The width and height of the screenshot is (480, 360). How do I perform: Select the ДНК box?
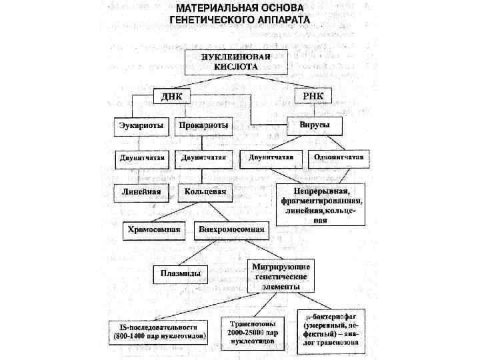coord(171,97)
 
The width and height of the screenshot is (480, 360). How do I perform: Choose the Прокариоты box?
coord(203,125)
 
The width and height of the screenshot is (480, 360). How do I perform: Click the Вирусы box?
coord(313,125)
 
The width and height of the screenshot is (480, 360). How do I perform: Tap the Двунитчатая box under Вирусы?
coord(271,158)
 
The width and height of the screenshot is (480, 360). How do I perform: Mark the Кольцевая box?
coord(203,192)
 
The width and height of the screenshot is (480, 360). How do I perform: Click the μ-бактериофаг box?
coord(330,330)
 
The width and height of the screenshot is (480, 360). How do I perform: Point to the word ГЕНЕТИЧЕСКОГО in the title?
coord(210,21)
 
